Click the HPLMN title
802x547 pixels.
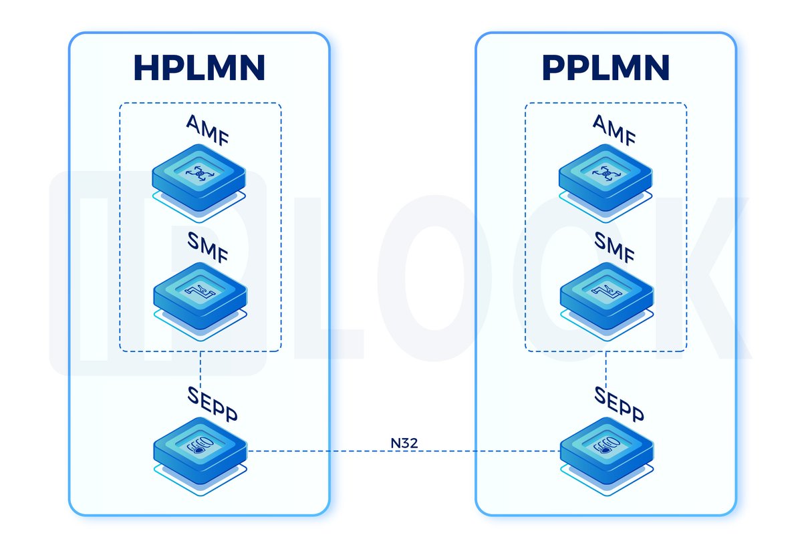[x=199, y=67]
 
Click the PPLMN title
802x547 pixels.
[x=606, y=67]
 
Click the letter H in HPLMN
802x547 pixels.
[x=148, y=67]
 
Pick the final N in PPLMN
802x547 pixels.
[x=655, y=67]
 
